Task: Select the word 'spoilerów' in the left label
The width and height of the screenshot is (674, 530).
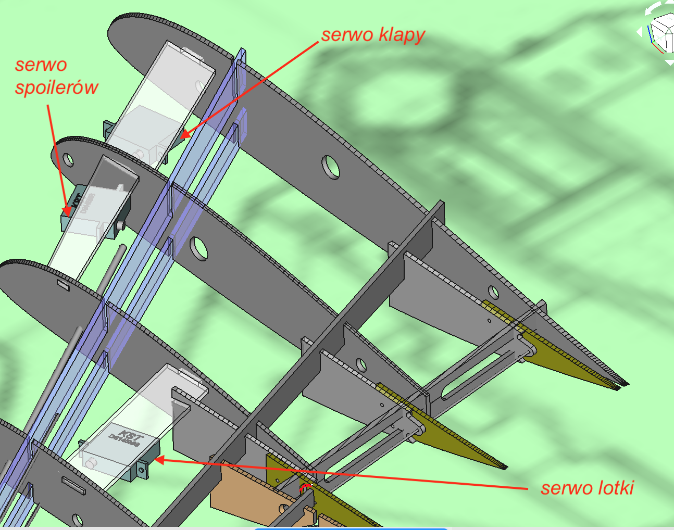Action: (56, 87)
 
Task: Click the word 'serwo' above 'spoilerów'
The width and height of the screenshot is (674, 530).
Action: (41, 65)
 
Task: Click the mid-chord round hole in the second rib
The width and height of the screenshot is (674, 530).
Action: (198, 248)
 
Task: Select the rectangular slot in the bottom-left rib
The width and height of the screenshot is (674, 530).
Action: (73, 484)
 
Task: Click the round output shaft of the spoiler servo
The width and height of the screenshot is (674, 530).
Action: (120, 225)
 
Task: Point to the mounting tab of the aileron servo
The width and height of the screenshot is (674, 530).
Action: (141, 470)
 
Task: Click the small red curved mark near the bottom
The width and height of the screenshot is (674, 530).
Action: (306, 487)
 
